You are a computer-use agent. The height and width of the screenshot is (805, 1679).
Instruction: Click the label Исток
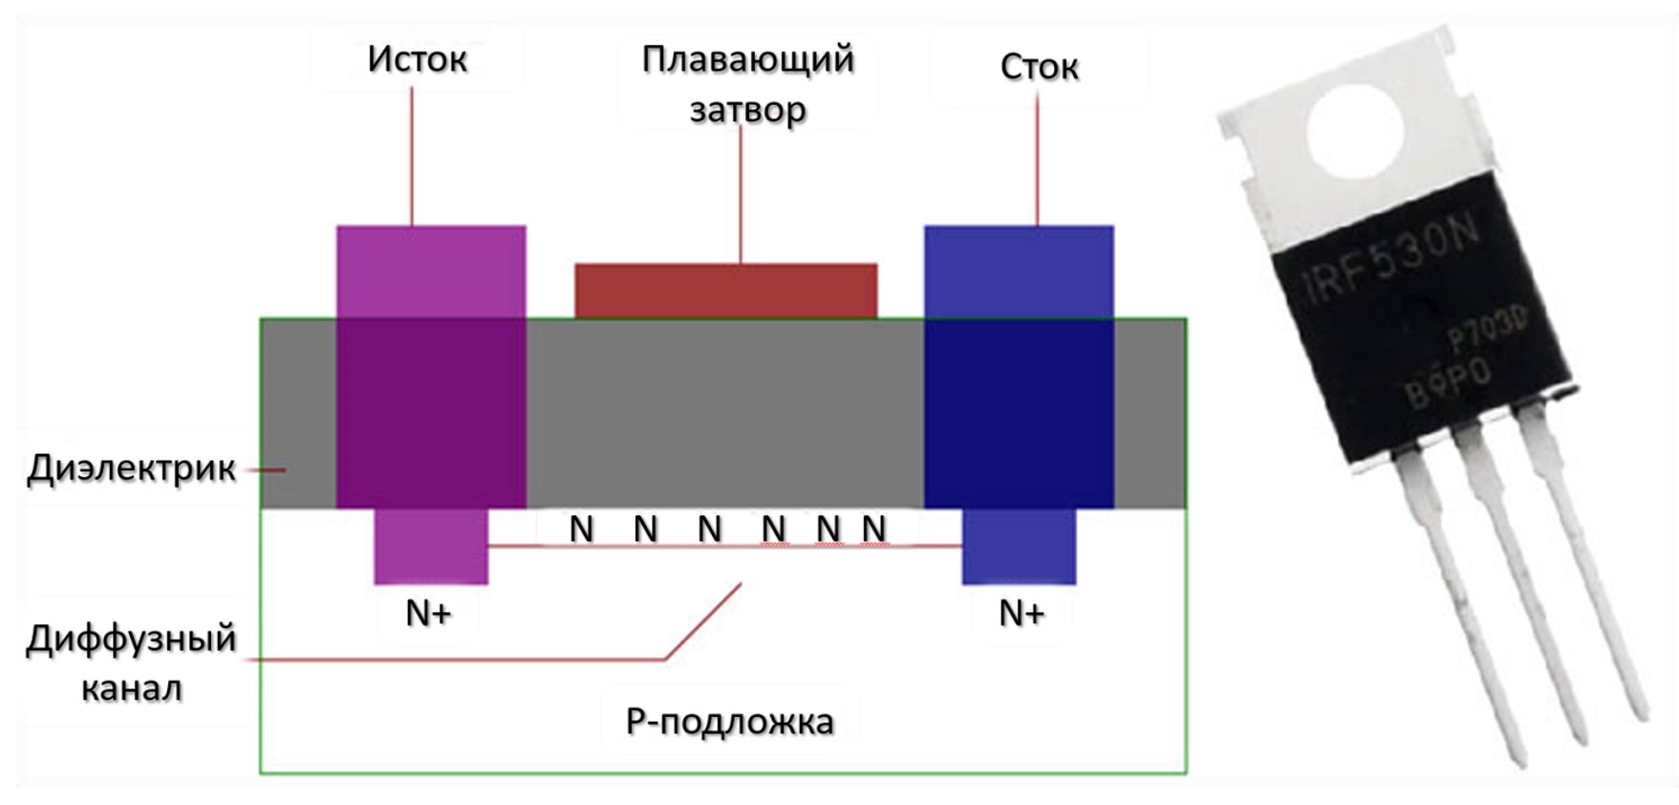coord(418,59)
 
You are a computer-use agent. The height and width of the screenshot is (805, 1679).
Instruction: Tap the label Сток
coord(1039,67)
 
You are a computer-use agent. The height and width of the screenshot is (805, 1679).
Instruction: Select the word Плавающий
coord(747,59)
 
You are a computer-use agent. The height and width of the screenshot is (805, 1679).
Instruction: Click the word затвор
coord(747,110)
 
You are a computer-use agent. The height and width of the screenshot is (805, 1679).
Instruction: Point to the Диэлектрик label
coord(132,468)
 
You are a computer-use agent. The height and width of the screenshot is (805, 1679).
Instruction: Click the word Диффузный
coord(131,638)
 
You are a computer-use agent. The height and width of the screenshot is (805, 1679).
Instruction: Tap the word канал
coord(131,688)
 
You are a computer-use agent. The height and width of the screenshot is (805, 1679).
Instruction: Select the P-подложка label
coord(729,722)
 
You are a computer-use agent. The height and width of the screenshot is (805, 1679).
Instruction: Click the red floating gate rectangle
coord(725,291)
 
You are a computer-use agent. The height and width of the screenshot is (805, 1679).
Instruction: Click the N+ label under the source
coord(428,613)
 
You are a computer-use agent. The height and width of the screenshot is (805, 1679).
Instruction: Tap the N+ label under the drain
coord(1022,613)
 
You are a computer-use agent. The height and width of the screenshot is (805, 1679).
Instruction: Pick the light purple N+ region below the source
coord(431,546)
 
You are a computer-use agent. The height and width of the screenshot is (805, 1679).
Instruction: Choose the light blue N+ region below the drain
coord(1019,546)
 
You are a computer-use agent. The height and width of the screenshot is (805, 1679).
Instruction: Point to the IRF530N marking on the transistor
coord(1391,258)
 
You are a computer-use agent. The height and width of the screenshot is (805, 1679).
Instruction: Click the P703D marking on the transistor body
coord(1485,330)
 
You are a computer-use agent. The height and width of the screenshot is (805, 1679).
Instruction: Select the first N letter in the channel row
coord(581,529)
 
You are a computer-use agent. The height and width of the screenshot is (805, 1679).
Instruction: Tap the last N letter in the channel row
coord(873,529)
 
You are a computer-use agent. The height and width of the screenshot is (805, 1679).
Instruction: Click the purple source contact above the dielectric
coord(431,272)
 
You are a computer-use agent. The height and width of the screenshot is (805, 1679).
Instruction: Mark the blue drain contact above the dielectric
coord(1019,272)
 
